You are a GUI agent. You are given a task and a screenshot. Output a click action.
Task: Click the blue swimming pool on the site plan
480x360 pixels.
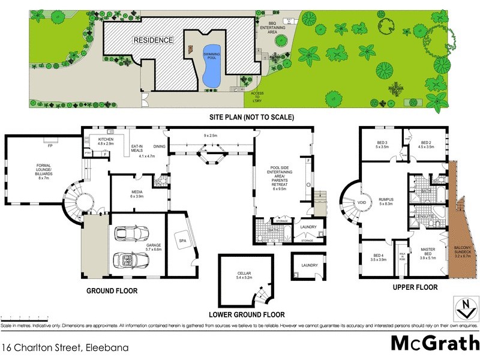point(211,63)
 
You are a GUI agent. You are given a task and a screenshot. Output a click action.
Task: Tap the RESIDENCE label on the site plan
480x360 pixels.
point(153,40)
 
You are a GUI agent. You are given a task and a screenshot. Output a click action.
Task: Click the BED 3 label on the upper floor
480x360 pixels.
point(382,143)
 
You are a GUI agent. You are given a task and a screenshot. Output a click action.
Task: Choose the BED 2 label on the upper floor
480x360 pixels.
point(425,143)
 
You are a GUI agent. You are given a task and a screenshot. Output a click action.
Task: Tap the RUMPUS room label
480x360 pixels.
point(386,201)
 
